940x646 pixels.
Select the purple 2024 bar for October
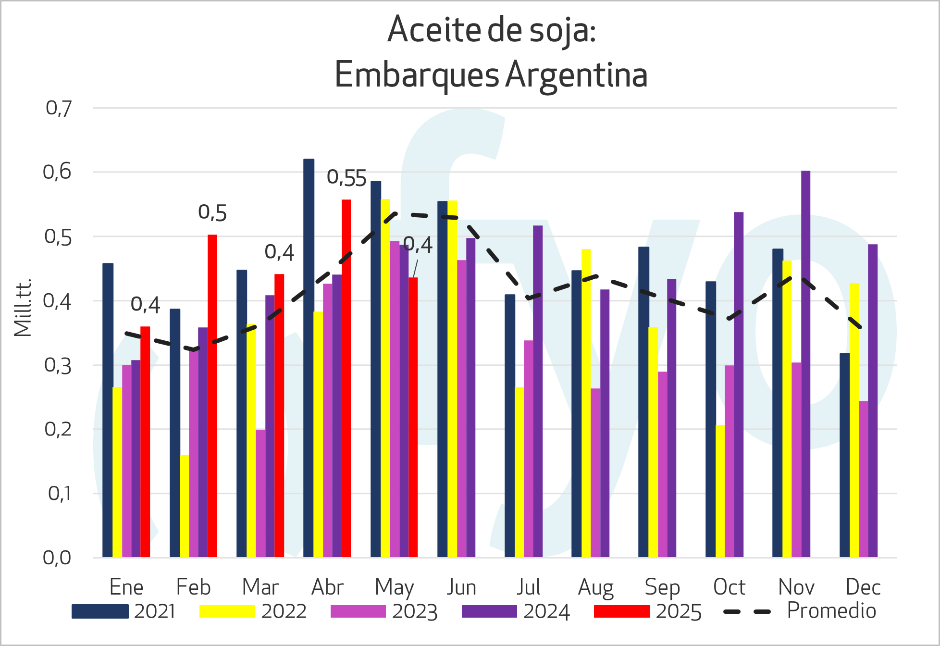pyautogui.click(x=739, y=385)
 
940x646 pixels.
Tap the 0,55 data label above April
pyautogui.click(x=346, y=178)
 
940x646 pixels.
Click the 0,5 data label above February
pyautogui.click(x=212, y=213)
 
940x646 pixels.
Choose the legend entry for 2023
pyautogui.click(x=384, y=611)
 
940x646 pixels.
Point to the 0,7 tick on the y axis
pyautogui.click(x=59, y=109)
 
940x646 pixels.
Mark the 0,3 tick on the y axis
pyautogui.click(x=58, y=366)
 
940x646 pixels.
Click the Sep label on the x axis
pyautogui.click(x=662, y=587)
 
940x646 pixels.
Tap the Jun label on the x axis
pyautogui.click(x=461, y=587)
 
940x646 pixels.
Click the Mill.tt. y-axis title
pyautogui.click(x=23, y=308)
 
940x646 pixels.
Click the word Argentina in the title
pyautogui.click(x=576, y=75)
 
